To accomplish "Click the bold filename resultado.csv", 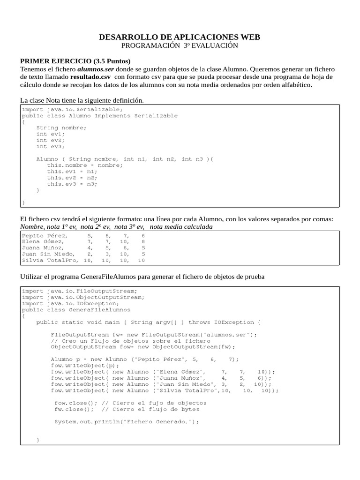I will [90, 77].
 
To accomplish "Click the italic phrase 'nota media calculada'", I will [181, 227].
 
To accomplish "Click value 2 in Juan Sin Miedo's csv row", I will [90, 254].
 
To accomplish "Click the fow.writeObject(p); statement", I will [85, 366].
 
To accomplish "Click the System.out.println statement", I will [127, 421].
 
